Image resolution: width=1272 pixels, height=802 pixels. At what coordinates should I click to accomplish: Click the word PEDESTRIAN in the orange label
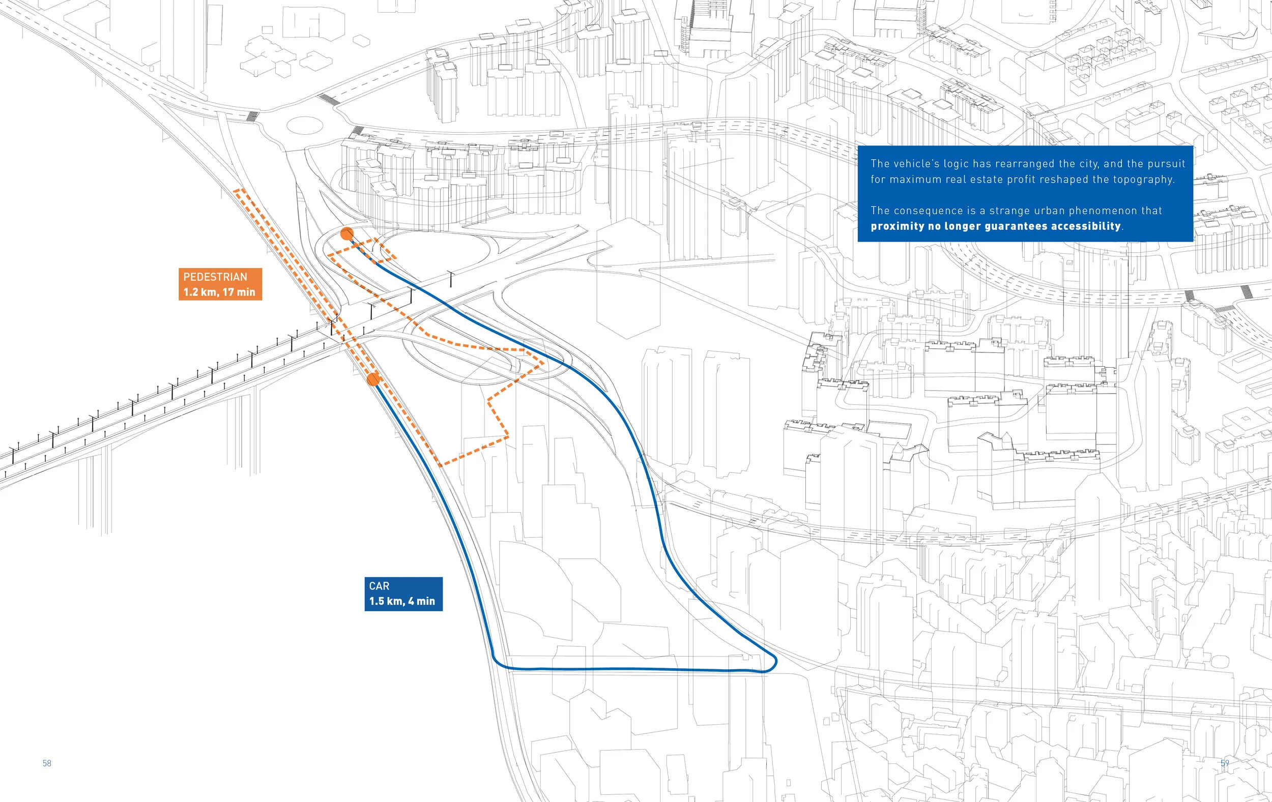[x=215, y=277]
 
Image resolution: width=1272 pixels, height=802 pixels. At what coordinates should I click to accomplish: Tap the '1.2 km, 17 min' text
[x=219, y=292]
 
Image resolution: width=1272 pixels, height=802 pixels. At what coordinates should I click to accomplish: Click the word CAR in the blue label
[x=379, y=586]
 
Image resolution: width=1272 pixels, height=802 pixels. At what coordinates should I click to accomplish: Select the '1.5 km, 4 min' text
[x=402, y=601]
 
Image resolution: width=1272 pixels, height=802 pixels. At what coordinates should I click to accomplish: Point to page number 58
[x=47, y=763]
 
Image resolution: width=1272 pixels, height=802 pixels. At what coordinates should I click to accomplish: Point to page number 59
[x=1225, y=763]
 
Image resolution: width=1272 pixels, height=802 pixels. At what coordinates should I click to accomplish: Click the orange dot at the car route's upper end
[x=347, y=234]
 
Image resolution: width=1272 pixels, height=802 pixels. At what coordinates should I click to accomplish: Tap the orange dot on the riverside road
[x=373, y=379]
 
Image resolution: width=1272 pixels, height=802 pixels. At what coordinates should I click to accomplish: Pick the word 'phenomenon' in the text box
[x=1103, y=211]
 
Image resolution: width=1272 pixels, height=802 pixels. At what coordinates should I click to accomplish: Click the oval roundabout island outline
[x=304, y=126]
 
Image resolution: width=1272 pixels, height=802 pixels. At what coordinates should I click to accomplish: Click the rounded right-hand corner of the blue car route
[x=773, y=662]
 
